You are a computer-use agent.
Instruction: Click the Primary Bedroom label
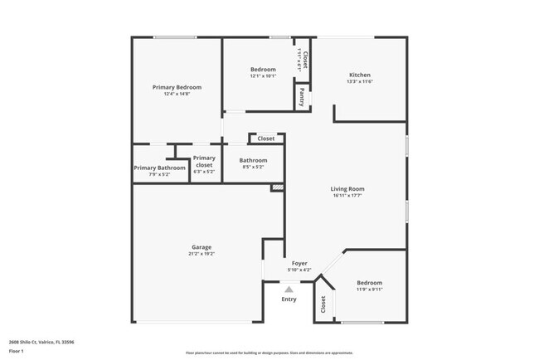coord(177,87)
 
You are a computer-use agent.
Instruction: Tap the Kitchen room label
coord(359,75)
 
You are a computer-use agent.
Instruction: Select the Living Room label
coord(348,189)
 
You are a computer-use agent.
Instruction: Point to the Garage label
coord(202,247)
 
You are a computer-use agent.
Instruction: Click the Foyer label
coord(299,263)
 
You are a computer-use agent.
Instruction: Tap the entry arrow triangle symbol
coord(289,289)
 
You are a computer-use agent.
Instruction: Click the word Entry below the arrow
coord(289,299)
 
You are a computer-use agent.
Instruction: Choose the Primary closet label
coord(204,162)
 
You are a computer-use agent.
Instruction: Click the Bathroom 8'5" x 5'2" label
coord(253,160)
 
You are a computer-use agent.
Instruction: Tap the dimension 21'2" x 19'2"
coord(202,254)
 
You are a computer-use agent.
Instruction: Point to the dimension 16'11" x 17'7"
coord(348,196)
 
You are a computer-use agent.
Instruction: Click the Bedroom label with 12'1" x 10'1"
coord(263,69)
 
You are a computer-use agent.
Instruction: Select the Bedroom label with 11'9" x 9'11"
coord(369,283)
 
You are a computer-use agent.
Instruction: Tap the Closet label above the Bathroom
coord(266,139)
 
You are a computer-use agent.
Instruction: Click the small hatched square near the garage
coord(278,188)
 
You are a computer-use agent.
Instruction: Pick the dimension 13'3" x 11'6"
coord(359,81)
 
